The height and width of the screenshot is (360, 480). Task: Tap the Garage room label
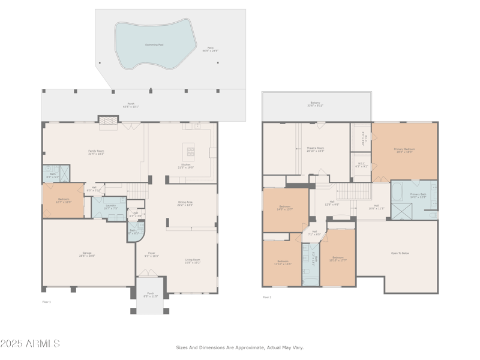(x=88, y=254)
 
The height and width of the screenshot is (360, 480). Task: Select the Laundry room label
(x=110, y=206)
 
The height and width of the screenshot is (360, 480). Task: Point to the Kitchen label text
(x=186, y=166)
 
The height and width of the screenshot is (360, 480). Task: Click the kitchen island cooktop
(x=191, y=151)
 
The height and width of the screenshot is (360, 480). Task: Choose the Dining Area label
(x=185, y=203)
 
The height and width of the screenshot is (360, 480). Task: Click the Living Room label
(x=193, y=260)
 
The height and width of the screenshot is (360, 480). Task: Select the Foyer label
(x=152, y=254)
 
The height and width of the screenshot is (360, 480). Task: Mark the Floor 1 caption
(x=47, y=302)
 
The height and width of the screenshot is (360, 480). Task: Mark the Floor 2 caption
(x=267, y=297)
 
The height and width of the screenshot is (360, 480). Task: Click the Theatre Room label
(x=316, y=149)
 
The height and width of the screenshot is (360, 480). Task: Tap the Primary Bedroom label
(x=405, y=150)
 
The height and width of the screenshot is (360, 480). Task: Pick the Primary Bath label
(x=418, y=196)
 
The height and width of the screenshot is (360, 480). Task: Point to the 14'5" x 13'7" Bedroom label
(x=284, y=208)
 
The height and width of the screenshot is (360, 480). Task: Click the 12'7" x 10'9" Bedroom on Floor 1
(x=64, y=200)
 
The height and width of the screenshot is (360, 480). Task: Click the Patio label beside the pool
(x=211, y=49)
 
